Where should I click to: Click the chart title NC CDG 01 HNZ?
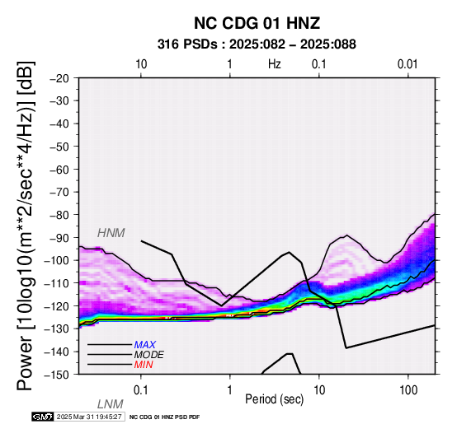pyautogui.click(x=257, y=23)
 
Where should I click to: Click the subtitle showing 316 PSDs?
pyautogui.click(x=257, y=44)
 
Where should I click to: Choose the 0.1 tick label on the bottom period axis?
pyautogui.click(x=141, y=390)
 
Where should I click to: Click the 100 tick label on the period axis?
pyautogui.click(x=408, y=390)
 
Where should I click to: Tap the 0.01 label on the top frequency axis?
pyautogui.click(x=408, y=64)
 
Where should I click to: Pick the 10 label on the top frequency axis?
pyautogui.click(x=141, y=64)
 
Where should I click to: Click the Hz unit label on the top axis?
pyautogui.click(x=275, y=64)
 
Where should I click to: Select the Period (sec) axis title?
pyautogui.click(x=275, y=399)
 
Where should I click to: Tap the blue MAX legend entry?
pyautogui.click(x=145, y=345)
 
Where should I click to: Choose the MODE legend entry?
pyautogui.click(x=149, y=355)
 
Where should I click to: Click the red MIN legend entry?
pyautogui.click(x=144, y=365)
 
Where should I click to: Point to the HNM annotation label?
pyautogui.click(x=111, y=233)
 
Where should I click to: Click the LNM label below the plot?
pyautogui.click(x=111, y=404)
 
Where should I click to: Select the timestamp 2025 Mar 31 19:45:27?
pyautogui.click(x=89, y=417)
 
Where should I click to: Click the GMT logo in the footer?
pyautogui.click(x=43, y=417)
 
